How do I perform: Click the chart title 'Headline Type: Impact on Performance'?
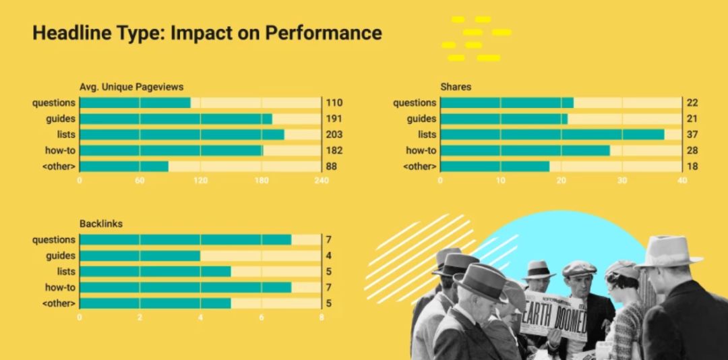pyautogui.click(x=207, y=33)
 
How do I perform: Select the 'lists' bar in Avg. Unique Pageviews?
pyautogui.click(x=181, y=135)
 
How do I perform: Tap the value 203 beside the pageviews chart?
pyautogui.click(x=334, y=135)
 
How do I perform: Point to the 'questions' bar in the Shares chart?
pyautogui.click(x=506, y=102)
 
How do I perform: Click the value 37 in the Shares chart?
pyautogui.click(x=692, y=135)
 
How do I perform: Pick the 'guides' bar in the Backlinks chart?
pyautogui.click(x=140, y=256)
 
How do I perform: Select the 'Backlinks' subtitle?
pyautogui.click(x=101, y=223)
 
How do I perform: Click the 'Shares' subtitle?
pyautogui.click(x=456, y=86)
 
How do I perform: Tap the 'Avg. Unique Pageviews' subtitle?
pyautogui.click(x=131, y=86)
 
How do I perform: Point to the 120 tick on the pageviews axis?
pyautogui.click(x=200, y=181)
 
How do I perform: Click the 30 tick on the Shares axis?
pyautogui.click(x=621, y=181)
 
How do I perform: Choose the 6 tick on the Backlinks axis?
pyautogui.click(x=261, y=317)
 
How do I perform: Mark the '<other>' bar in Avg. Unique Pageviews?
pyautogui.click(x=124, y=167)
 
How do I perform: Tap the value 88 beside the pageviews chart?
pyautogui.click(x=332, y=167)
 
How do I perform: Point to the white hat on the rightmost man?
pyautogui.click(x=668, y=251)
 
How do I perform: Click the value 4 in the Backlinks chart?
pyautogui.click(x=328, y=256)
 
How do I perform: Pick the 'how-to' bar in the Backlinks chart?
pyautogui.click(x=185, y=288)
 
